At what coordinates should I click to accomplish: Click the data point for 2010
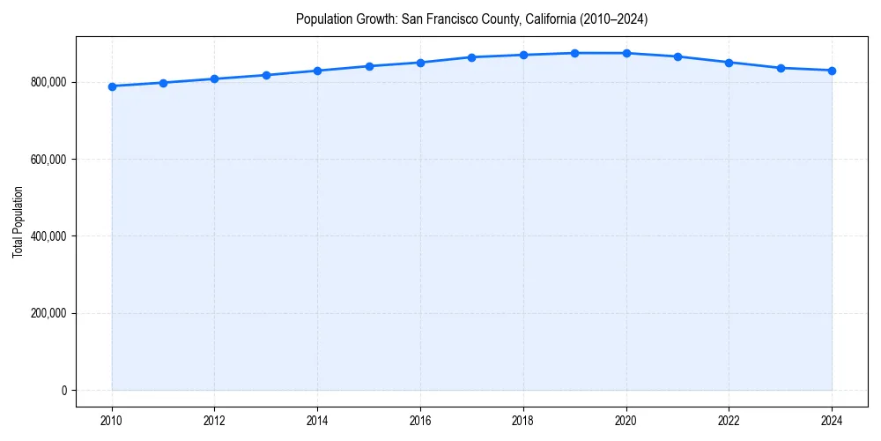pyautogui.click(x=112, y=86)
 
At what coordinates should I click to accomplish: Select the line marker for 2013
pyautogui.click(x=266, y=75)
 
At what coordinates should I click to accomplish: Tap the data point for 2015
pyautogui.click(x=369, y=66)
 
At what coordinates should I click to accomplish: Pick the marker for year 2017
pyautogui.click(x=471, y=57)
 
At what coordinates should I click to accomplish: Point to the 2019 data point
pyautogui.click(x=574, y=53)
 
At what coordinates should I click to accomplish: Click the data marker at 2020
pyautogui.click(x=626, y=53)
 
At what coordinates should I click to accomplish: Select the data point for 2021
pyautogui.click(x=677, y=56)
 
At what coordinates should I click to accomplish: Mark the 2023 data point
pyautogui.click(x=781, y=68)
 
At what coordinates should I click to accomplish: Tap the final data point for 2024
pyautogui.click(x=832, y=71)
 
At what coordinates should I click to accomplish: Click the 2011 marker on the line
pyautogui.click(x=163, y=83)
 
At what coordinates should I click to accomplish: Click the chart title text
pyautogui.click(x=471, y=19)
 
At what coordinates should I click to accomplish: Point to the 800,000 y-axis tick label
pyautogui.click(x=48, y=82)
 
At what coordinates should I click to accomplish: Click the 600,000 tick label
pyautogui.click(x=48, y=160)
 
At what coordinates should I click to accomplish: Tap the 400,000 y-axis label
pyautogui.click(x=48, y=236)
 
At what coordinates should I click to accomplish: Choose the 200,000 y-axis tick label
pyautogui.click(x=48, y=313)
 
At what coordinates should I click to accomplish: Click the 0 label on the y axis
pyautogui.click(x=63, y=391)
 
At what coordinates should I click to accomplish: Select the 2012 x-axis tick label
pyautogui.click(x=214, y=421)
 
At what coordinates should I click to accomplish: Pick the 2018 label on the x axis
pyautogui.click(x=523, y=421)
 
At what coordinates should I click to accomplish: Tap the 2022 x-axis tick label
pyautogui.click(x=729, y=421)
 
